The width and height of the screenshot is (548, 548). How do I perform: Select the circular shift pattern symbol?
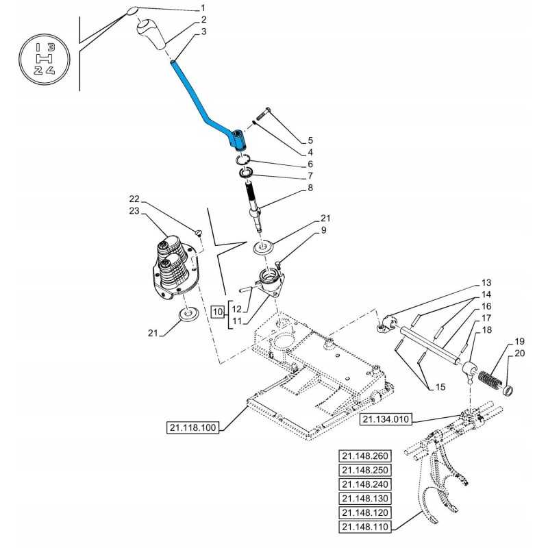[45, 60]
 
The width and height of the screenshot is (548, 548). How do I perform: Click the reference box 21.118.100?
[192, 429]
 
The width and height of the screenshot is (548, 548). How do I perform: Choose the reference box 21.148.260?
[364, 456]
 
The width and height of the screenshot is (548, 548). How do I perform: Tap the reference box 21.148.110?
[364, 527]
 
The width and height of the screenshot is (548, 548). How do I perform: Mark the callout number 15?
[440, 387]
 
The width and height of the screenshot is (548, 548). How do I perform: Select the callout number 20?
[519, 353]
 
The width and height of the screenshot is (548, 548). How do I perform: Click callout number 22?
[134, 199]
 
